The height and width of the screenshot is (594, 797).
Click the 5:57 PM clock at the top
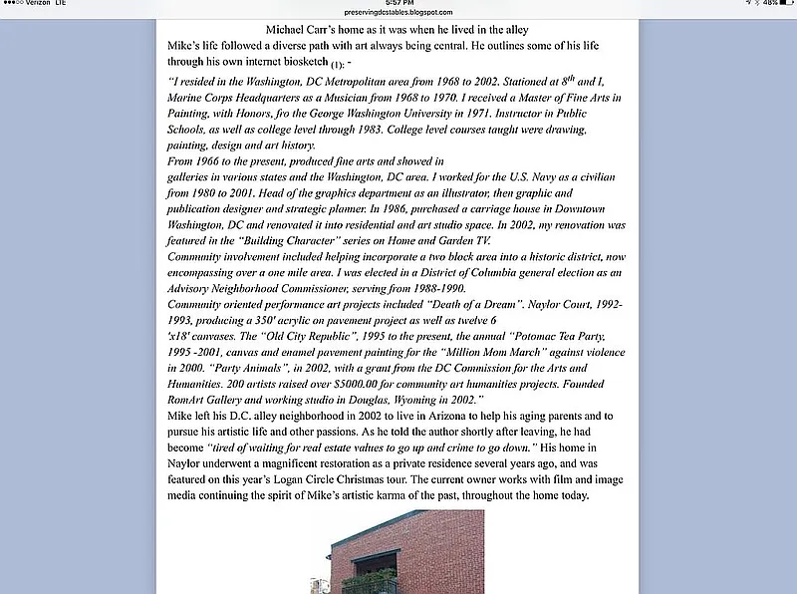point(398,3)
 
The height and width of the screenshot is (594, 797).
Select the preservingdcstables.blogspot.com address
point(398,13)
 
